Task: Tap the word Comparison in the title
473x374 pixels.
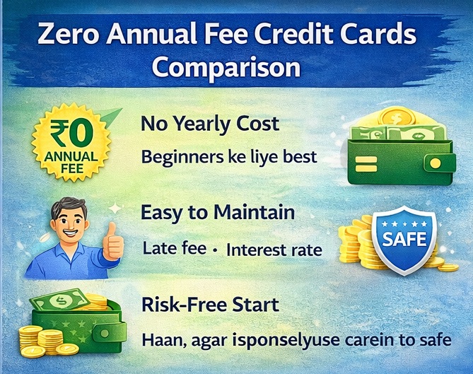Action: click(226, 69)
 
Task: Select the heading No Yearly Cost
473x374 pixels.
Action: click(210, 125)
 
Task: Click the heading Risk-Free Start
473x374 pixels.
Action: click(210, 305)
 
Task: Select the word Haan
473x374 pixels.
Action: click(163, 340)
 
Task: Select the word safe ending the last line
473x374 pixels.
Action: click(432, 341)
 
